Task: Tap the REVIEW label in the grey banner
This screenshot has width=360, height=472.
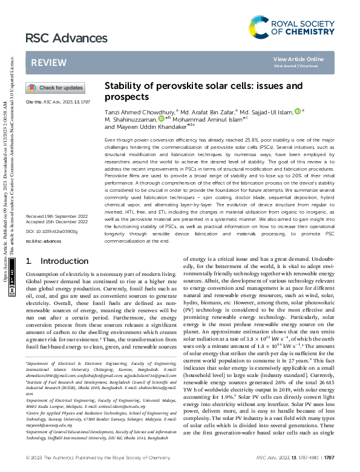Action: pos(49,63)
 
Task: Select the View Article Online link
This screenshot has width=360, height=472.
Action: pos(298,59)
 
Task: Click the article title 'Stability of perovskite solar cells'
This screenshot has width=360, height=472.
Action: pos(203,91)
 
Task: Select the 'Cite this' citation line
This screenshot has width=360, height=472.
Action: pos(57,102)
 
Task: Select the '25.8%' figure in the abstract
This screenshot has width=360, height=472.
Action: pos(233,139)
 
